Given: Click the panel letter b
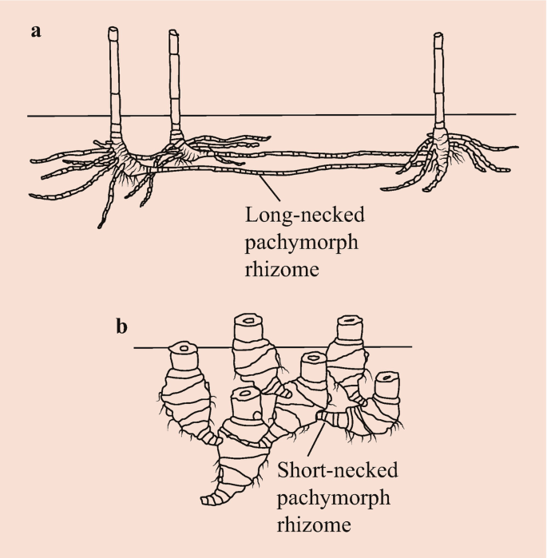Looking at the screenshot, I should pyautogui.click(x=123, y=327).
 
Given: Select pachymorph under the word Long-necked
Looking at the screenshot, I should pyautogui.click(x=301, y=243).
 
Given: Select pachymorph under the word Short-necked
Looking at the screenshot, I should pyautogui.click(x=334, y=498).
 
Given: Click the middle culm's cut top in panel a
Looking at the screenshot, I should pyautogui.click(x=173, y=34).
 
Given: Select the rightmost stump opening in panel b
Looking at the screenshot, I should pyautogui.click(x=387, y=377).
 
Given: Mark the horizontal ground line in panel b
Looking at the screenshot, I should pyautogui.click(x=152, y=347).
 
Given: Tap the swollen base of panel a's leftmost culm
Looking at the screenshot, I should pyautogui.click(x=120, y=152).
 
